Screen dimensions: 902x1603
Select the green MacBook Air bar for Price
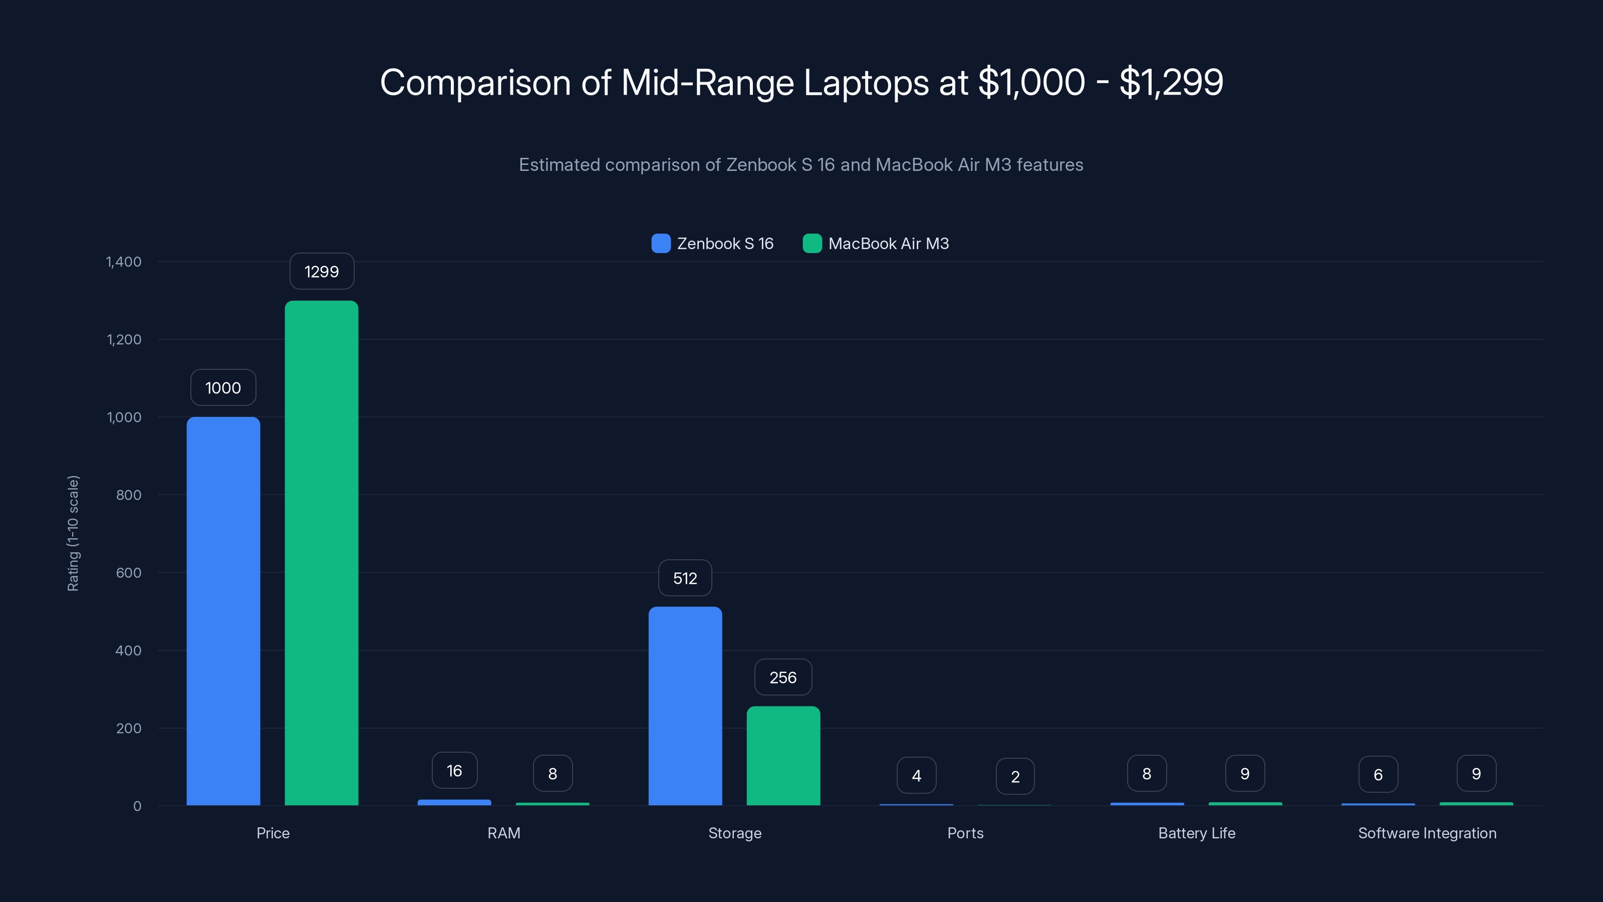click(x=321, y=553)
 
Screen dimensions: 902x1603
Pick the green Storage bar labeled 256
click(x=783, y=755)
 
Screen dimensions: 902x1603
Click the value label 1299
click(x=322, y=272)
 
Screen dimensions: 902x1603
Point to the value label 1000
click(x=223, y=388)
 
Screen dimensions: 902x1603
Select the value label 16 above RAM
click(x=454, y=771)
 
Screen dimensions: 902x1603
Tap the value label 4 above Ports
click(x=916, y=776)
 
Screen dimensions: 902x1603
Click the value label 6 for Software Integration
click(x=1378, y=774)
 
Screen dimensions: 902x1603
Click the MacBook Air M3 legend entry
click(x=876, y=244)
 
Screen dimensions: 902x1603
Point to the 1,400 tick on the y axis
click(x=124, y=262)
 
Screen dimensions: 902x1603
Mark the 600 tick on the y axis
click(x=128, y=573)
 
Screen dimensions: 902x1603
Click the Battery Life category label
click(x=1196, y=833)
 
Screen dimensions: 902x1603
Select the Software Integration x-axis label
click(x=1427, y=833)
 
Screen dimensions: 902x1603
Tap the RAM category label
click(x=503, y=833)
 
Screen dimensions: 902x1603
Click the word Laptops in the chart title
click(x=866, y=82)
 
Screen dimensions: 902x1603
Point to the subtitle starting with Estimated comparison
click(x=801, y=165)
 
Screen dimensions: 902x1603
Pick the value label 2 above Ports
click(x=1015, y=776)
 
